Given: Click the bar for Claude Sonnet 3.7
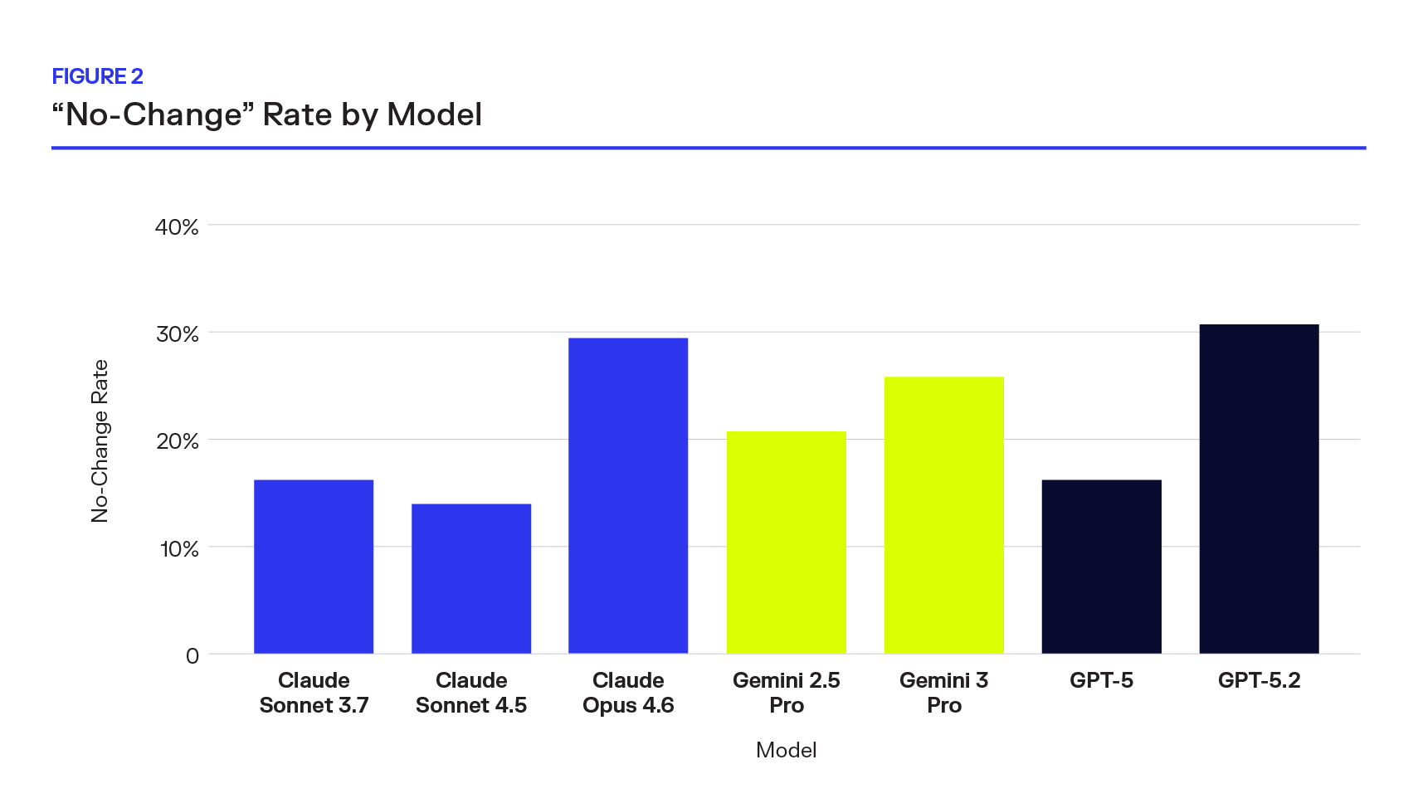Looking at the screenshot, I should tap(314, 567).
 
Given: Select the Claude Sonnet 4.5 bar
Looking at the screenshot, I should tap(471, 578).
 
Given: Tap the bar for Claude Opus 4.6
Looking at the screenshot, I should tap(628, 495).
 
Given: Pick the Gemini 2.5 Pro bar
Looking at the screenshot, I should tap(787, 543).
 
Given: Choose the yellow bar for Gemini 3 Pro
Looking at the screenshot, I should tap(944, 515).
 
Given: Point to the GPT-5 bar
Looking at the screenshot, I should tap(1102, 567).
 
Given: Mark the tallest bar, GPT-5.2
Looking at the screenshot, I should tap(1259, 489).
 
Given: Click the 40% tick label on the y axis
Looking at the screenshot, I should tap(177, 227).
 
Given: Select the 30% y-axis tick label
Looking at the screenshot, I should tap(178, 334).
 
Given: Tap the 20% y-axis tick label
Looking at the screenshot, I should tap(178, 441).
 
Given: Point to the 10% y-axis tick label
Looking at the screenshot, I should tap(179, 549).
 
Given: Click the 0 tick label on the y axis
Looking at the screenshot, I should tap(192, 656).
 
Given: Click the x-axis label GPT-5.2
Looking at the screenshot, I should tap(1259, 681).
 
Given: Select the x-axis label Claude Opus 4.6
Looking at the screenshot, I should tap(628, 693).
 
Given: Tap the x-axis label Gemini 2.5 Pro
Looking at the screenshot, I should tap(787, 693).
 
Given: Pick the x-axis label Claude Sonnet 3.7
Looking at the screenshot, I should tap(314, 693).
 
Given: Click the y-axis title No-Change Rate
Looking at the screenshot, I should tap(100, 441).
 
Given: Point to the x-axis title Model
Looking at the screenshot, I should tap(787, 750).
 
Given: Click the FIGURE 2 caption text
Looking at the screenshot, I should tap(98, 76).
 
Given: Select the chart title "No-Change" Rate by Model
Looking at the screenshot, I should tap(267, 114).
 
